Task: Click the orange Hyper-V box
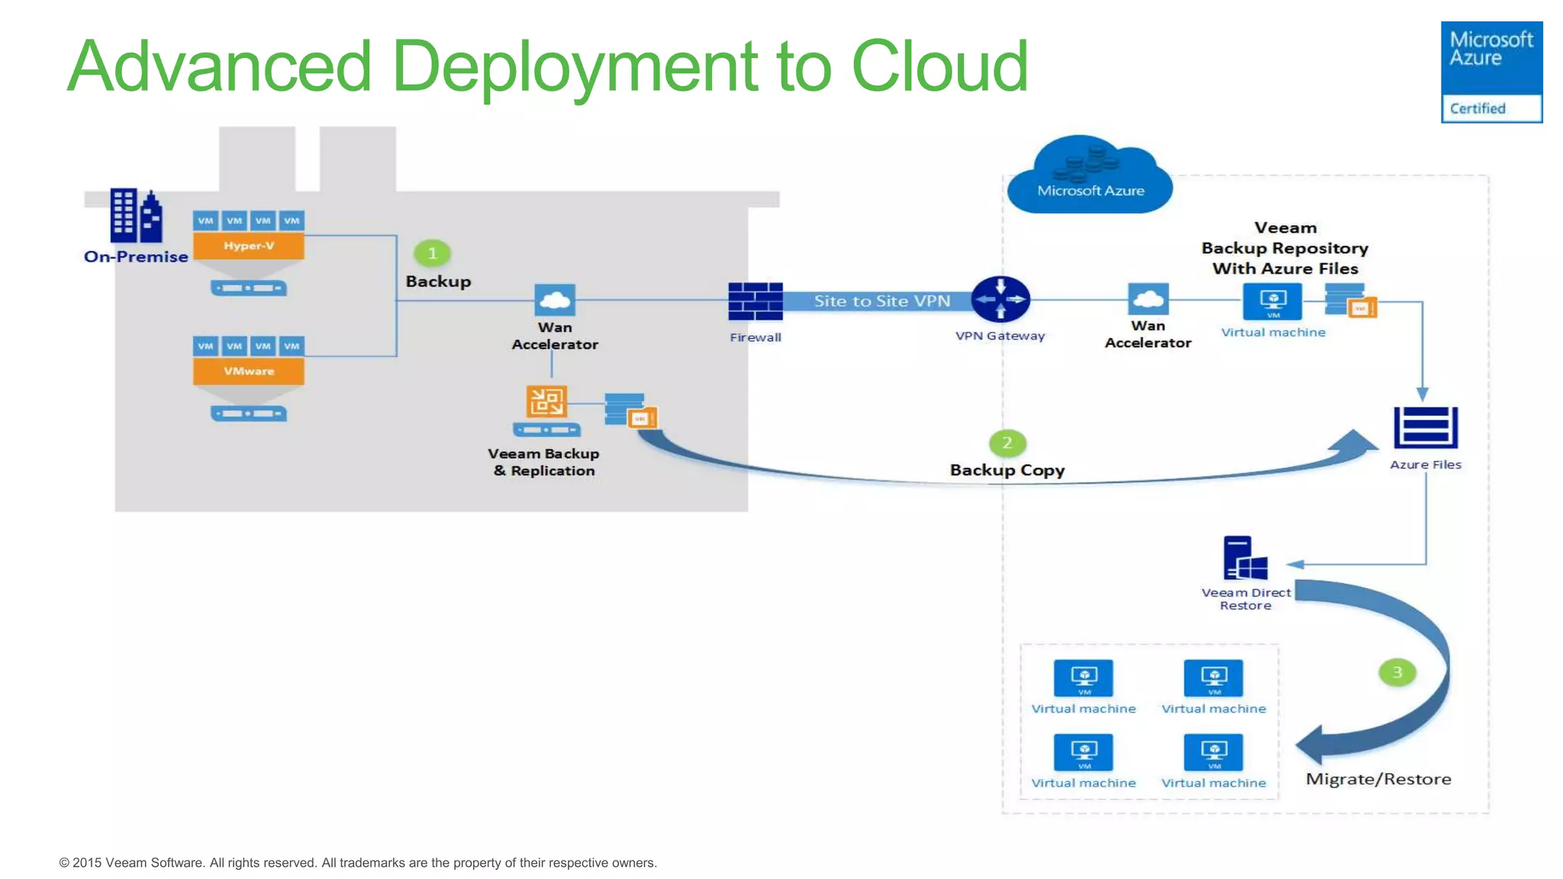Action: pos(248,246)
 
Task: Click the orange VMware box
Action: pos(248,371)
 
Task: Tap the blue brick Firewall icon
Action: pos(755,301)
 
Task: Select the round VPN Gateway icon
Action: pos(1000,299)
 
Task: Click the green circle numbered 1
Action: pos(432,253)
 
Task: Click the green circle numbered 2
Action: pos(1007,443)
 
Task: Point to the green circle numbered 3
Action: pos(1397,672)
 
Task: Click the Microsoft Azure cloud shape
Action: pos(1090,178)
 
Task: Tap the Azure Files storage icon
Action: pos(1425,427)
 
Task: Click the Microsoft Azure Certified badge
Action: pos(1490,72)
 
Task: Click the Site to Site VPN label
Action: pos(881,301)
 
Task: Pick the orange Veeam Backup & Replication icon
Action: pos(546,401)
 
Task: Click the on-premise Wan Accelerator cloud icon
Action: pos(555,300)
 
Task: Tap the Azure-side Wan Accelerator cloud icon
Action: pos(1148,299)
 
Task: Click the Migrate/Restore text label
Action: pos(1378,779)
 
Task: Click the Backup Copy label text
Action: pos(1007,470)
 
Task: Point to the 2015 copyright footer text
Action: pos(357,862)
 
